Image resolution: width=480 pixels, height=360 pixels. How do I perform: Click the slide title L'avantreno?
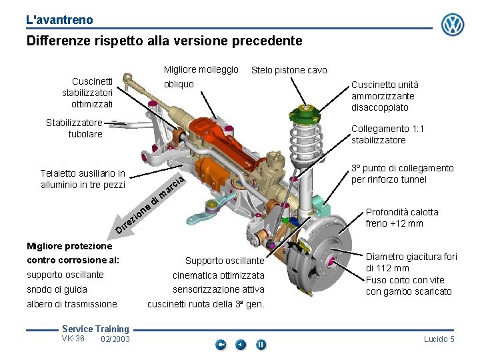(x=60, y=20)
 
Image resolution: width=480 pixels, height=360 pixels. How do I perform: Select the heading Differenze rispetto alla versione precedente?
(x=164, y=41)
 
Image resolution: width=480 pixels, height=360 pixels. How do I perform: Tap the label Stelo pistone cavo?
(x=289, y=70)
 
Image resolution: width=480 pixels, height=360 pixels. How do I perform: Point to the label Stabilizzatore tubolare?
(x=75, y=128)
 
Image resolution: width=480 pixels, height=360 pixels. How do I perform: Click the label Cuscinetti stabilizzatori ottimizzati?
(x=88, y=93)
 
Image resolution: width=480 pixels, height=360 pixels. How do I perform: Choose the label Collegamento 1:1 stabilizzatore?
(x=387, y=134)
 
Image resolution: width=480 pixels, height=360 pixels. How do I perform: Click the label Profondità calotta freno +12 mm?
(x=402, y=217)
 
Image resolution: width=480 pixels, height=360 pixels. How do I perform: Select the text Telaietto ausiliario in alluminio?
(x=83, y=179)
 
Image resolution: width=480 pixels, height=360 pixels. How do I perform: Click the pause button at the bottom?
(x=261, y=345)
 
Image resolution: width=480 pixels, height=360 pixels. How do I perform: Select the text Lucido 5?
(x=439, y=339)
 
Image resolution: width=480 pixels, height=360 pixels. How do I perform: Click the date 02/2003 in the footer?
(x=115, y=339)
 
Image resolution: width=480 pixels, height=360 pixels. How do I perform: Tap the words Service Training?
(x=95, y=329)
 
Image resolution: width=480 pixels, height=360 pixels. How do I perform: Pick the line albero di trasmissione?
(x=72, y=304)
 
